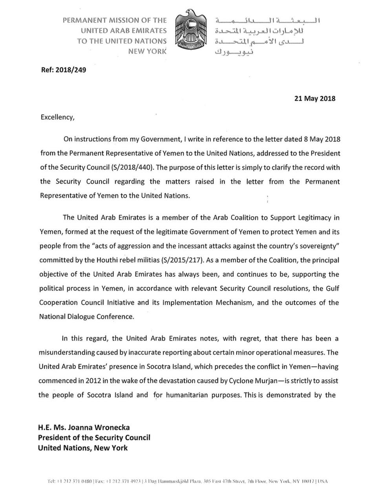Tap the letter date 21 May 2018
(315, 98)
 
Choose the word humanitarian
(186, 395)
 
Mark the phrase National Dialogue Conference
(86, 317)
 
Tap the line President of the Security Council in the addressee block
(94, 438)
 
